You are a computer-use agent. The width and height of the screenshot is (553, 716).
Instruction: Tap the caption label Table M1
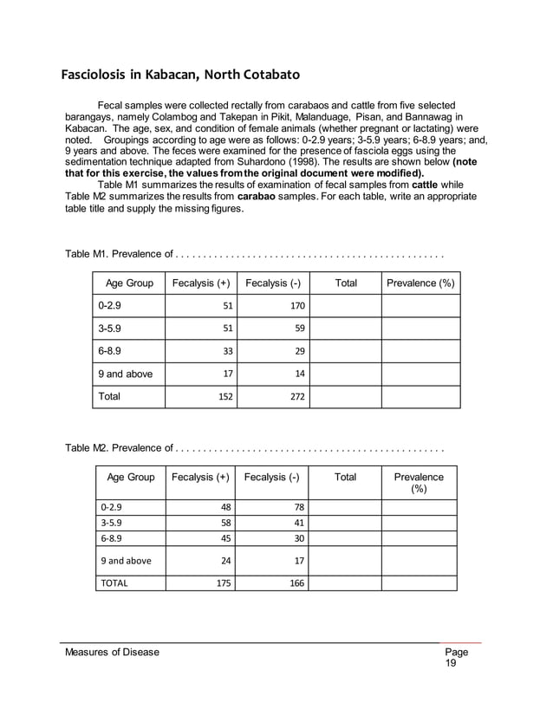88,254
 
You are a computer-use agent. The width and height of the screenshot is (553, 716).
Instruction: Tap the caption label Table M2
88,448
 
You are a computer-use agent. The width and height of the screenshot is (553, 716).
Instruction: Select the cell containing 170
296,305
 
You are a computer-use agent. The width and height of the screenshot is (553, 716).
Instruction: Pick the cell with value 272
296,396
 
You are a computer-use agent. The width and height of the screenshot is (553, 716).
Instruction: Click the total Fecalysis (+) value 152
223,396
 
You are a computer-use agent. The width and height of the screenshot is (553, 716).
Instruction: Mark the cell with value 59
299,329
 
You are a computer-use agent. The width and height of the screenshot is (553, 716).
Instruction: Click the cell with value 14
299,374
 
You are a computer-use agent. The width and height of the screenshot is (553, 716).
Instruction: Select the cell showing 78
297,507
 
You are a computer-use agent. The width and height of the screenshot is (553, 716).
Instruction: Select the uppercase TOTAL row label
114,583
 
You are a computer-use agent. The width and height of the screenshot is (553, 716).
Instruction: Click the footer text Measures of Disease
113,652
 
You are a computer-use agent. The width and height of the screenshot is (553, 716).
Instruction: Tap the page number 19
451,664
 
